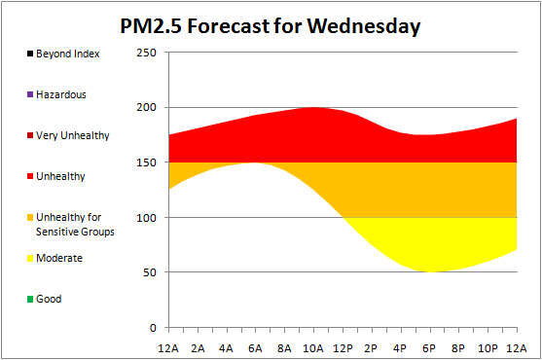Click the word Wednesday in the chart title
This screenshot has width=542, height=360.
pos(364,26)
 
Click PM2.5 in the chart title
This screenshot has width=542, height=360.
pos(151,26)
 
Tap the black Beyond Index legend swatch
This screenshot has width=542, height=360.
pos(30,54)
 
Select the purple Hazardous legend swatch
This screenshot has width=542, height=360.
pos(30,94)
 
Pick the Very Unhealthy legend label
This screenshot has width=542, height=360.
pos(73,136)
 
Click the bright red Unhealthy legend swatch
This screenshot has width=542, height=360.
pos(30,176)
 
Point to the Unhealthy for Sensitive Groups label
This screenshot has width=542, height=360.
pos(75,224)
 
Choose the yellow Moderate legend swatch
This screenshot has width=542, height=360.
pos(30,258)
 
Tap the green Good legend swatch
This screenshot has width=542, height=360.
pos(30,299)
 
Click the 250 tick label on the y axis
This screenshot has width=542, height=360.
pos(146,53)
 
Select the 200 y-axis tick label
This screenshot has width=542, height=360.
pos(146,107)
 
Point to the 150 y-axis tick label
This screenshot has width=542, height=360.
pos(146,162)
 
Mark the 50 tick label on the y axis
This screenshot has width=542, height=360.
pos(150,272)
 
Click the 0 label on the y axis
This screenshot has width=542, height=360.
pos(153,328)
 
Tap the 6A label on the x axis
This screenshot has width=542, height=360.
pos(255,348)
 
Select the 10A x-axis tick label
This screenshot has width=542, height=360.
pos(313,348)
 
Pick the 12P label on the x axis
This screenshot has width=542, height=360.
pos(343,348)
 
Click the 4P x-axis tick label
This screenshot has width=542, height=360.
pos(400,348)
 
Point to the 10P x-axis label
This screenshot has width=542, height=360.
pos(488,348)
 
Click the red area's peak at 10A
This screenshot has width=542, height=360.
pos(313,107)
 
